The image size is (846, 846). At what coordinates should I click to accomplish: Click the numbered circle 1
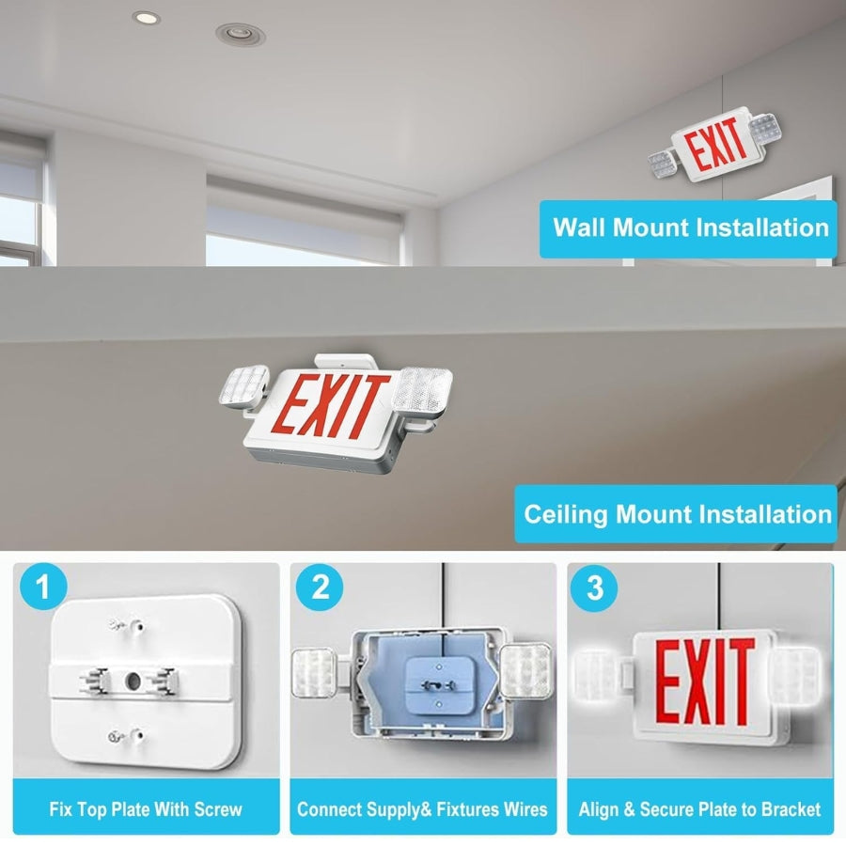43,587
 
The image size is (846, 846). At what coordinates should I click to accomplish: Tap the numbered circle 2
320,587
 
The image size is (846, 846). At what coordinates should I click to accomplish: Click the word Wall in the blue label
578,227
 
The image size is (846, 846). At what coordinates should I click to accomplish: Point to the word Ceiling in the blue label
566,515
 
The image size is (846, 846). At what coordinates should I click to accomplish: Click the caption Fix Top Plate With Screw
146,809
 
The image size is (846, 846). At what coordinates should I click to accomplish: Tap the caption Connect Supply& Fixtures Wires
422,809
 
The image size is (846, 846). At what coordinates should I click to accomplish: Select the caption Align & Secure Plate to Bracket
699,809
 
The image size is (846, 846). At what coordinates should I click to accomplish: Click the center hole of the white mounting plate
133,681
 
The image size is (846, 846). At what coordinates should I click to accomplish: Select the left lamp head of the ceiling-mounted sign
244,386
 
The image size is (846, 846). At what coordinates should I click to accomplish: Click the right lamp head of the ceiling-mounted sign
422,389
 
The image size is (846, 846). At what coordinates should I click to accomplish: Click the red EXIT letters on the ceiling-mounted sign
331,406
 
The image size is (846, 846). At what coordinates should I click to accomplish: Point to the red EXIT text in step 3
705,682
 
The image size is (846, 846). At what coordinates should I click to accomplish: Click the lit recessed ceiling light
147,19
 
